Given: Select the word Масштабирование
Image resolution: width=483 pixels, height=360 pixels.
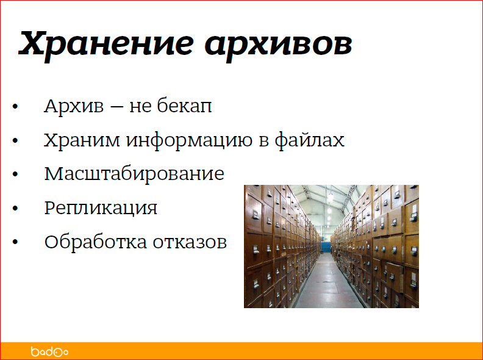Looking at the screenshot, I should tap(134, 175).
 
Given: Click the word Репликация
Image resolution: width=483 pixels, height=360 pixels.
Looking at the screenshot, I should tap(101, 209).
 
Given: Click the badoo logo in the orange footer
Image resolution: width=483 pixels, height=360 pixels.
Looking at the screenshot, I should tap(49, 351).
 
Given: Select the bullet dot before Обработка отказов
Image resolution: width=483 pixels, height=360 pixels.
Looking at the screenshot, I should tap(16, 243).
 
